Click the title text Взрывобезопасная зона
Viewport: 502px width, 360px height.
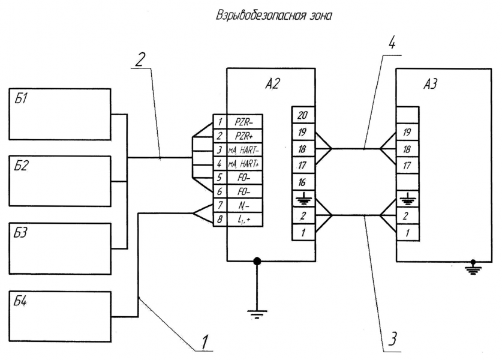[273, 16]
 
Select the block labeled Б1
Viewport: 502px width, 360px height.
[60, 115]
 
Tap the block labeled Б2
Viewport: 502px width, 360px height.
[60, 181]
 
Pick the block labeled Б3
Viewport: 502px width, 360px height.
[60, 248]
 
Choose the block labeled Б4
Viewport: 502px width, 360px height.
[60, 316]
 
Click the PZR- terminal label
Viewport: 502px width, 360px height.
[244, 122]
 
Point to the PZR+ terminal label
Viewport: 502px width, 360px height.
[244, 136]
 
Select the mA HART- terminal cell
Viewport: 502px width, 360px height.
[245, 149]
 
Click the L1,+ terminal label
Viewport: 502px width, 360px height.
[244, 220]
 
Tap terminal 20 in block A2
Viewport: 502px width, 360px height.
[302, 115]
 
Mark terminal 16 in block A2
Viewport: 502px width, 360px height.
[302, 182]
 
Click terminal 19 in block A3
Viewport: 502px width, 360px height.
[407, 132]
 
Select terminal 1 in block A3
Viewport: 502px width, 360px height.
[407, 233]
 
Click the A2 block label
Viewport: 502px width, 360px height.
[272, 84]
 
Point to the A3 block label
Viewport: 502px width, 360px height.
[430, 84]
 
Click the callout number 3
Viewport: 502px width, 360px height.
[393, 338]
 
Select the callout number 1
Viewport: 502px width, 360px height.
[205, 342]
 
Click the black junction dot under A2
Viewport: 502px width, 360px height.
[257, 262]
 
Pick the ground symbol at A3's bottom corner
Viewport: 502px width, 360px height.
[473, 268]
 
